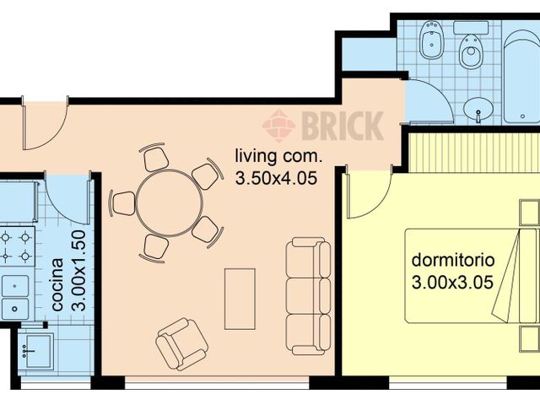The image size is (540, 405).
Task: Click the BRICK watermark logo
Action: pyautogui.click(x=322, y=126)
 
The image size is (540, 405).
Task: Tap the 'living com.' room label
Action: pyautogui.click(x=278, y=156)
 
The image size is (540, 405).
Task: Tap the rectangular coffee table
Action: pyautogui.click(x=240, y=299)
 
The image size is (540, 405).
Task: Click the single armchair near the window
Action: pyautogui.click(x=181, y=342)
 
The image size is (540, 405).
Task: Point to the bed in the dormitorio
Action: pyautogui.click(x=472, y=275)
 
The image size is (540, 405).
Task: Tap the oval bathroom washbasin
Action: pyautogui.click(x=480, y=109)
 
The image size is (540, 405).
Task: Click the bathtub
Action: pyautogui.click(x=521, y=72)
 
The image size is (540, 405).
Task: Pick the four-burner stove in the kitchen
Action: pyautogui.click(x=16, y=245)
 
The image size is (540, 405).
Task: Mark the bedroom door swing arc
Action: pyautogui.click(x=370, y=194)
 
